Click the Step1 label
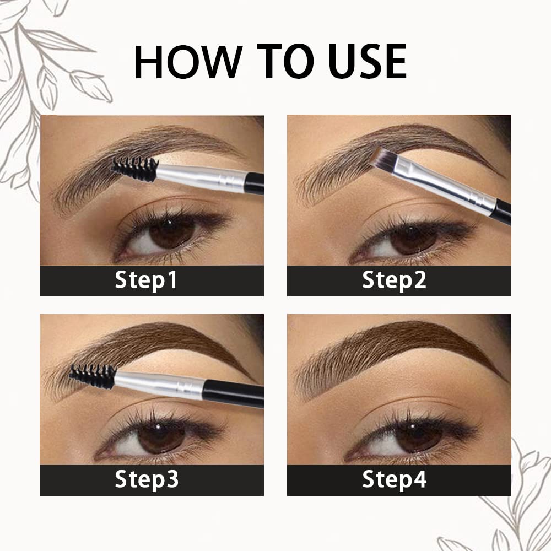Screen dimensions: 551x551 pos(146,280)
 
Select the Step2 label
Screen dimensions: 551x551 pos(394,280)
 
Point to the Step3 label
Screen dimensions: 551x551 pos(147,479)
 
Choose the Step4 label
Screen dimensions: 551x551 pos(394,479)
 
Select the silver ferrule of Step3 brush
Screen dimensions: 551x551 pos(160,383)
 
